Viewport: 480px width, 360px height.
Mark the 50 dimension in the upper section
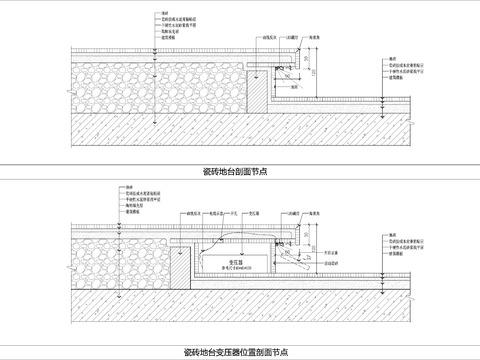(302, 62)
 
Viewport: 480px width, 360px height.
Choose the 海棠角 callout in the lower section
(314, 213)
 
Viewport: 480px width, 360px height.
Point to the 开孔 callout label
(232, 213)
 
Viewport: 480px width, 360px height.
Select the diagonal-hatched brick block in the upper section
(257, 89)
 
